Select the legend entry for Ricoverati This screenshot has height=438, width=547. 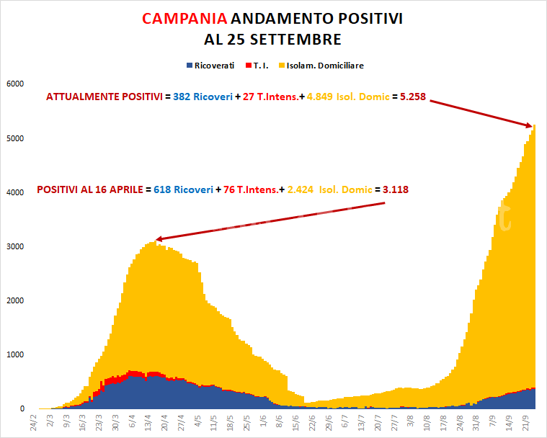(x=214, y=66)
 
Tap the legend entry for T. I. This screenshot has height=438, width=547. (x=260, y=66)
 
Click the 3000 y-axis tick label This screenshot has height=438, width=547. (x=15, y=246)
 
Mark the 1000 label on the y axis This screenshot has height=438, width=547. (x=15, y=354)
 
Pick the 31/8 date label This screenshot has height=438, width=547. (x=475, y=423)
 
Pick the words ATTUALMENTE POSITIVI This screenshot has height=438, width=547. (x=103, y=97)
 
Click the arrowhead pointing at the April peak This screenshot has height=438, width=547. (x=159, y=238)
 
